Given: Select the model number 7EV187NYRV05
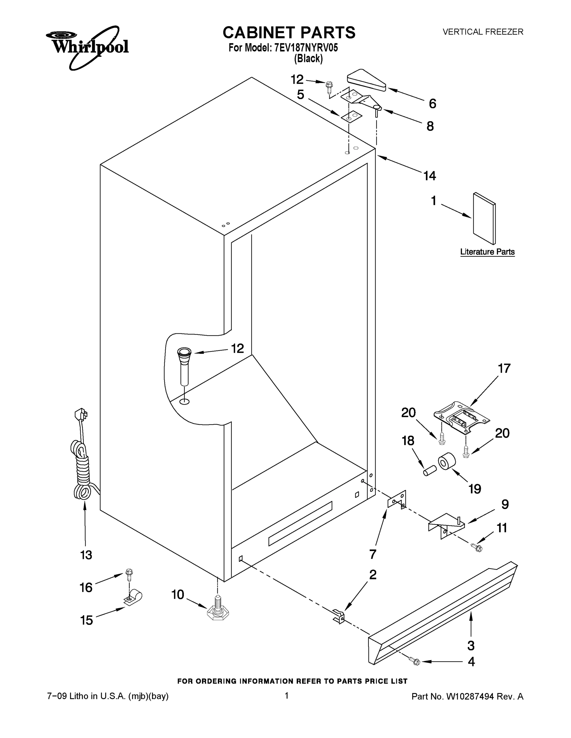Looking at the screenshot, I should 306,48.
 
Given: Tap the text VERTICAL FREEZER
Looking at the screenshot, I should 483,32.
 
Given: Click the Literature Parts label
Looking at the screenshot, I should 487,252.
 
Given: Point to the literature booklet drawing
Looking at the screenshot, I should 485,219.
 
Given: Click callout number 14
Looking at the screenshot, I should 430,176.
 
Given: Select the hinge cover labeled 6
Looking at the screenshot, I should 366,81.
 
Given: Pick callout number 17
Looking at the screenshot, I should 504,369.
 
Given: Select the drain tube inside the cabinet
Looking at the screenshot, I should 184,367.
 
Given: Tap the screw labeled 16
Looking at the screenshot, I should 129,574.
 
